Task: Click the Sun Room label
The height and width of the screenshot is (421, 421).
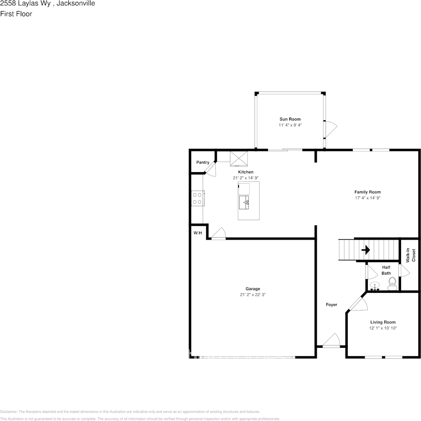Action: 290,119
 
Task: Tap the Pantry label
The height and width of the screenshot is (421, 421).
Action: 203,162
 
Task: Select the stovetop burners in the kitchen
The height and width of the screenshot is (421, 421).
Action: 197,198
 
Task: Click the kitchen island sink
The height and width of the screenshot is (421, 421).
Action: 244,204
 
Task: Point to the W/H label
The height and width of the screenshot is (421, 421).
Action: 197,233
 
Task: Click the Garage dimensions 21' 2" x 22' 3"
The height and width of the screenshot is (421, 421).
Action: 253,295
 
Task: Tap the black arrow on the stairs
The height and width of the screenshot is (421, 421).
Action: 366,250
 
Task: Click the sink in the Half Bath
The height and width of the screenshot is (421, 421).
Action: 375,286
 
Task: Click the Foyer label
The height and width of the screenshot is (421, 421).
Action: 331,305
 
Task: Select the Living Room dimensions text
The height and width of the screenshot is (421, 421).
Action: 383,328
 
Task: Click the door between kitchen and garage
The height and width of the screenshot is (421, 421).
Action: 218,234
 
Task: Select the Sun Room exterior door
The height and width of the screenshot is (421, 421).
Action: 330,129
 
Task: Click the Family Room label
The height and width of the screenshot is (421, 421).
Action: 367,192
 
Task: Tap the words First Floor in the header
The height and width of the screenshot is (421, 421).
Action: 16,14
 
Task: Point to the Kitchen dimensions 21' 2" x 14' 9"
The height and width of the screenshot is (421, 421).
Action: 246,178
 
